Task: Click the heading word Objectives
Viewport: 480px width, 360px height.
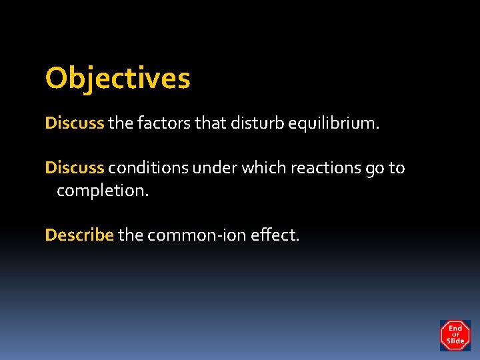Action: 117,79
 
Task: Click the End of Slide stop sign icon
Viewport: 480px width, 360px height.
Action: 455,335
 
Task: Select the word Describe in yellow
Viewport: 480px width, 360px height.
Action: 79,235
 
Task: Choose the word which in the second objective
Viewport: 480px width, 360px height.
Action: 264,168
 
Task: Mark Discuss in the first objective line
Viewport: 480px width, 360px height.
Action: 75,123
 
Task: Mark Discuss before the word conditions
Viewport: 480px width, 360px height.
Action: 75,168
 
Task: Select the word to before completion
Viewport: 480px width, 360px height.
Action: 397,168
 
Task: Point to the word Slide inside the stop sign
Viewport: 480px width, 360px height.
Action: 455,341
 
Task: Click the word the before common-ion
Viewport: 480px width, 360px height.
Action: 131,235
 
